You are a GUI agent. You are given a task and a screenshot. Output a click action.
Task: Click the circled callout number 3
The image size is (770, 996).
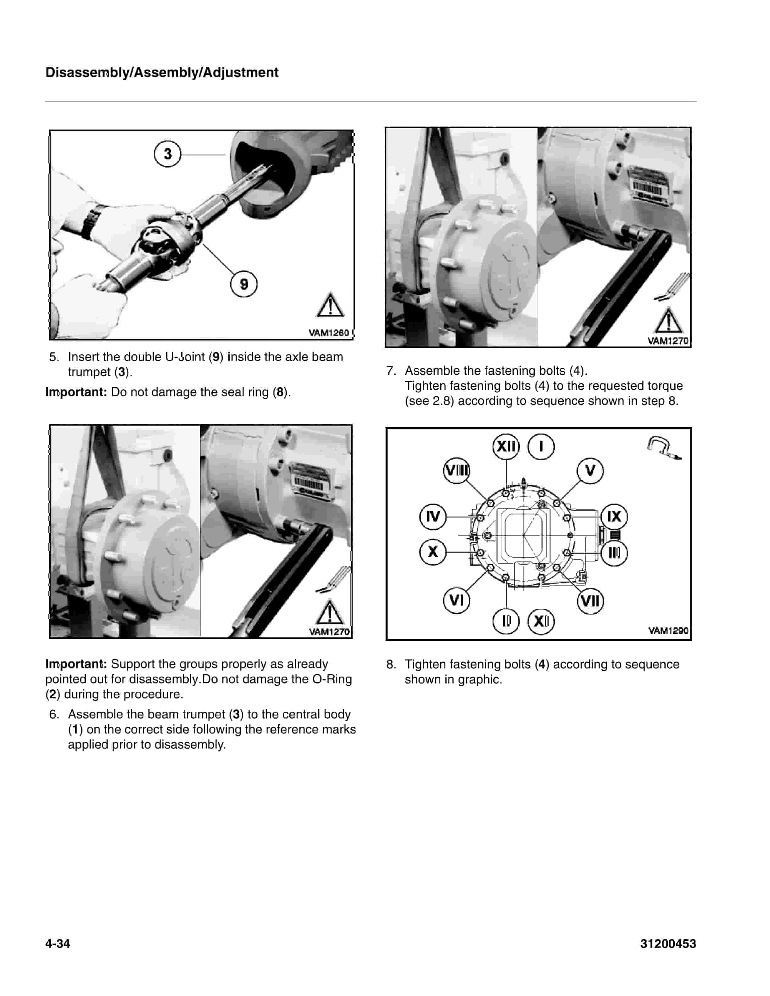point(167,154)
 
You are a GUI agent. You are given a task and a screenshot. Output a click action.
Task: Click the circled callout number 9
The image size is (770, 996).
point(243,284)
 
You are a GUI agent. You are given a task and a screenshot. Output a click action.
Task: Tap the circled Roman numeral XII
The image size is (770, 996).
point(506,446)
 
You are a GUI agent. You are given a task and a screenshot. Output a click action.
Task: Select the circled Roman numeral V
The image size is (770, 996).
point(590,471)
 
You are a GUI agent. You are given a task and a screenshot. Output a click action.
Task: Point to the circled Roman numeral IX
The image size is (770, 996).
point(614,517)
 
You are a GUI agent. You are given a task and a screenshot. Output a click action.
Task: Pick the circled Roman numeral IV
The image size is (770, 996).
point(432,517)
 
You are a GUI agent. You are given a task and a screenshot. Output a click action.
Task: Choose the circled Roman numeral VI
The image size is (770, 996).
point(456,600)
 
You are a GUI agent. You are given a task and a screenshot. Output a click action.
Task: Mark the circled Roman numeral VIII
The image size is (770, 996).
point(456,471)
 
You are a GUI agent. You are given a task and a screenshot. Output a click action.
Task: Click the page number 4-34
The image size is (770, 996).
point(58,943)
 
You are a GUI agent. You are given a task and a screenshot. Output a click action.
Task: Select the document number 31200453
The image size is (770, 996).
point(668,943)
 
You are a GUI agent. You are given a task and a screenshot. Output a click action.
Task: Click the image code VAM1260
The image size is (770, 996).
point(328,333)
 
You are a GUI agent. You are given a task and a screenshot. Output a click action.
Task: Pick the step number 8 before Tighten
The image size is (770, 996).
point(391,664)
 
